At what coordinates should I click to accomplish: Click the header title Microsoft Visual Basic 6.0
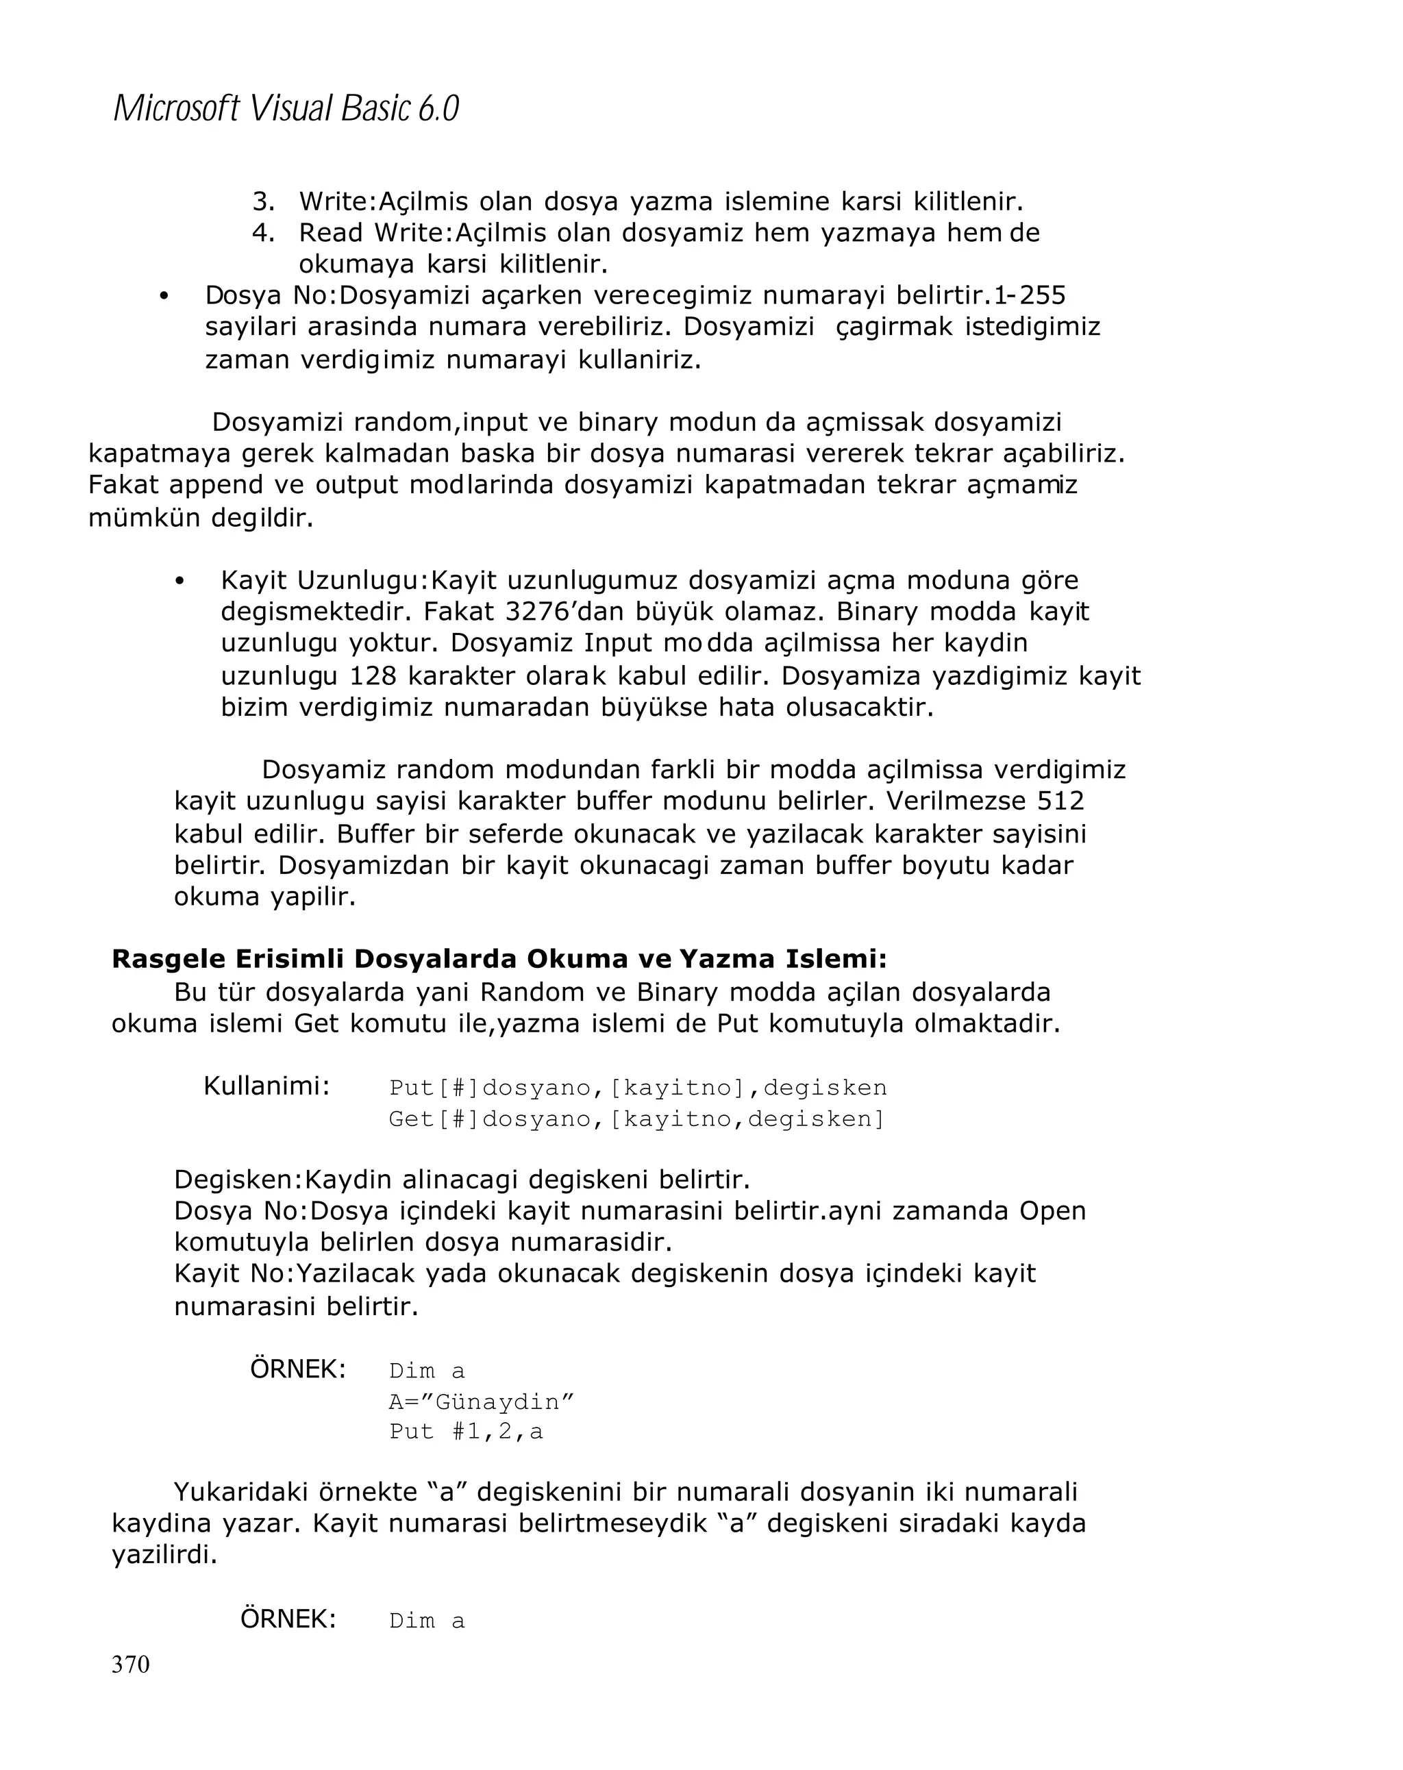click(286, 108)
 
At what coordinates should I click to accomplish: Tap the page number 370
click(131, 1664)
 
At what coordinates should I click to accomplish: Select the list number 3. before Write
click(262, 201)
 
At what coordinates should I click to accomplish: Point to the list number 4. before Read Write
click(262, 233)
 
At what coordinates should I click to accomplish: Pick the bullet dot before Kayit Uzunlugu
click(179, 582)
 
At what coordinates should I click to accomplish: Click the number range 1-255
click(1030, 295)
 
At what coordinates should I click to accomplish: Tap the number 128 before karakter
click(373, 677)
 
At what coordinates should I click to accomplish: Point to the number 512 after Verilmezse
click(1060, 801)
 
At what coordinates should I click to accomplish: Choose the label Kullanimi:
click(266, 1086)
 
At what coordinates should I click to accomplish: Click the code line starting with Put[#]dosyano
click(638, 1088)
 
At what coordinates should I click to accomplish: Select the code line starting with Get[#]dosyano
click(637, 1119)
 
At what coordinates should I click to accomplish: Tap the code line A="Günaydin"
click(481, 1401)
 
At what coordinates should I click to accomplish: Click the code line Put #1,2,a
click(465, 1432)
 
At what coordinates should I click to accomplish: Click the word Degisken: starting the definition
click(239, 1180)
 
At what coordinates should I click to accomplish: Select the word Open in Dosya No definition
click(1052, 1211)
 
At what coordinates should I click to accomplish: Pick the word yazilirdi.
click(164, 1556)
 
